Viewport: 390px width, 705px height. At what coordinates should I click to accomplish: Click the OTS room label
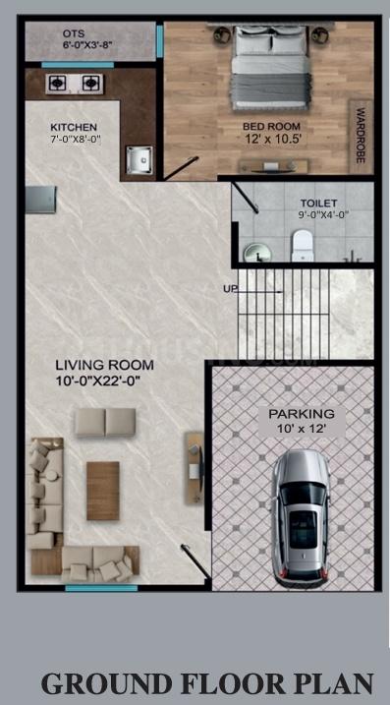[x=74, y=33]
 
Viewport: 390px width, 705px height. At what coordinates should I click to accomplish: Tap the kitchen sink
[x=139, y=160]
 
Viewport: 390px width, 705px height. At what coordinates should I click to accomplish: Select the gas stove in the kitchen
[x=74, y=84]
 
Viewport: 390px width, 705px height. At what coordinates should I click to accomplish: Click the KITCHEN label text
[x=74, y=127]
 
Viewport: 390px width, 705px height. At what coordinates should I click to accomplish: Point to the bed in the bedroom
[x=270, y=68]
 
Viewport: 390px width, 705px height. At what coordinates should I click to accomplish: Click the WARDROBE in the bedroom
[x=361, y=137]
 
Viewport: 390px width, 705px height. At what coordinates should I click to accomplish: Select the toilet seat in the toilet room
[x=302, y=246]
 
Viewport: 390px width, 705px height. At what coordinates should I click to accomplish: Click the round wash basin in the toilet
[x=257, y=253]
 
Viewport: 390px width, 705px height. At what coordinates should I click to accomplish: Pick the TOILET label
[x=319, y=204]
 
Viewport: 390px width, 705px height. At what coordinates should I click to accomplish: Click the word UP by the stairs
[x=230, y=288]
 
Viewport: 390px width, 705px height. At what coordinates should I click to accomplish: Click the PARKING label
[x=302, y=413]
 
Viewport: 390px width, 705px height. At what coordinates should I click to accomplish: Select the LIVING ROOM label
[x=105, y=365]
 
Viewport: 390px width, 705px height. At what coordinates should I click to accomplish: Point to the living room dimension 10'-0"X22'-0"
[x=99, y=382]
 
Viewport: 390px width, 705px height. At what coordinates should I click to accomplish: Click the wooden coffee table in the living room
[x=103, y=491]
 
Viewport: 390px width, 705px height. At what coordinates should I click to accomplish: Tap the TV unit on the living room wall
[x=195, y=468]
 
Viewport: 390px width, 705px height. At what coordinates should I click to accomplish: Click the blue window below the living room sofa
[x=101, y=588]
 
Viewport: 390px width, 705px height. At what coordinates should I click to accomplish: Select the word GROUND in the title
[x=106, y=683]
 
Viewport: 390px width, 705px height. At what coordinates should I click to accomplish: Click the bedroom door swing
[x=182, y=168]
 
